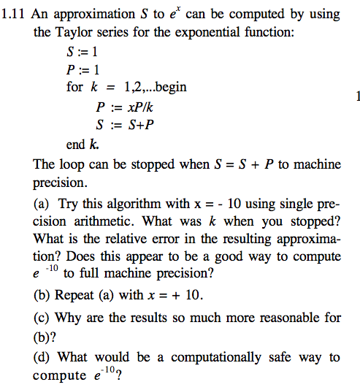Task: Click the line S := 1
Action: point(83,53)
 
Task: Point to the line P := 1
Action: point(83,70)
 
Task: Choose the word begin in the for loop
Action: point(169,88)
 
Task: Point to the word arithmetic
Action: point(99,221)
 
